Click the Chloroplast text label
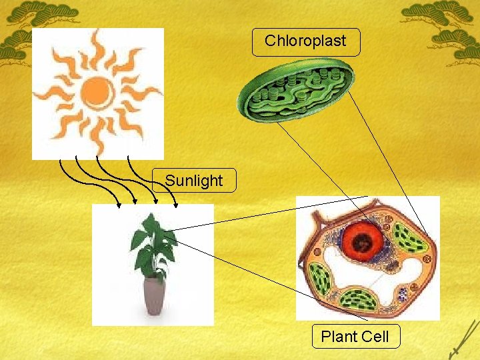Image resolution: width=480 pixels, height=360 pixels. coord(305,41)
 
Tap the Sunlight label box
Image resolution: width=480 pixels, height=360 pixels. coord(193,181)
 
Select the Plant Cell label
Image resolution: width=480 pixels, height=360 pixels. coord(355,337)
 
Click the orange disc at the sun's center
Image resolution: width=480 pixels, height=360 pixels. coord(97,91)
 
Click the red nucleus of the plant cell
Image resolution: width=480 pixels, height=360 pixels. coord(364,241)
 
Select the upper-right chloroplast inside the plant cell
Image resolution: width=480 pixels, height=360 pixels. coord(409,238)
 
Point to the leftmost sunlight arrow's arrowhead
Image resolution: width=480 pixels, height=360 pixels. coord(119,205)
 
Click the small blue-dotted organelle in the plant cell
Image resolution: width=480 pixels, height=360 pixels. coord(402,294)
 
